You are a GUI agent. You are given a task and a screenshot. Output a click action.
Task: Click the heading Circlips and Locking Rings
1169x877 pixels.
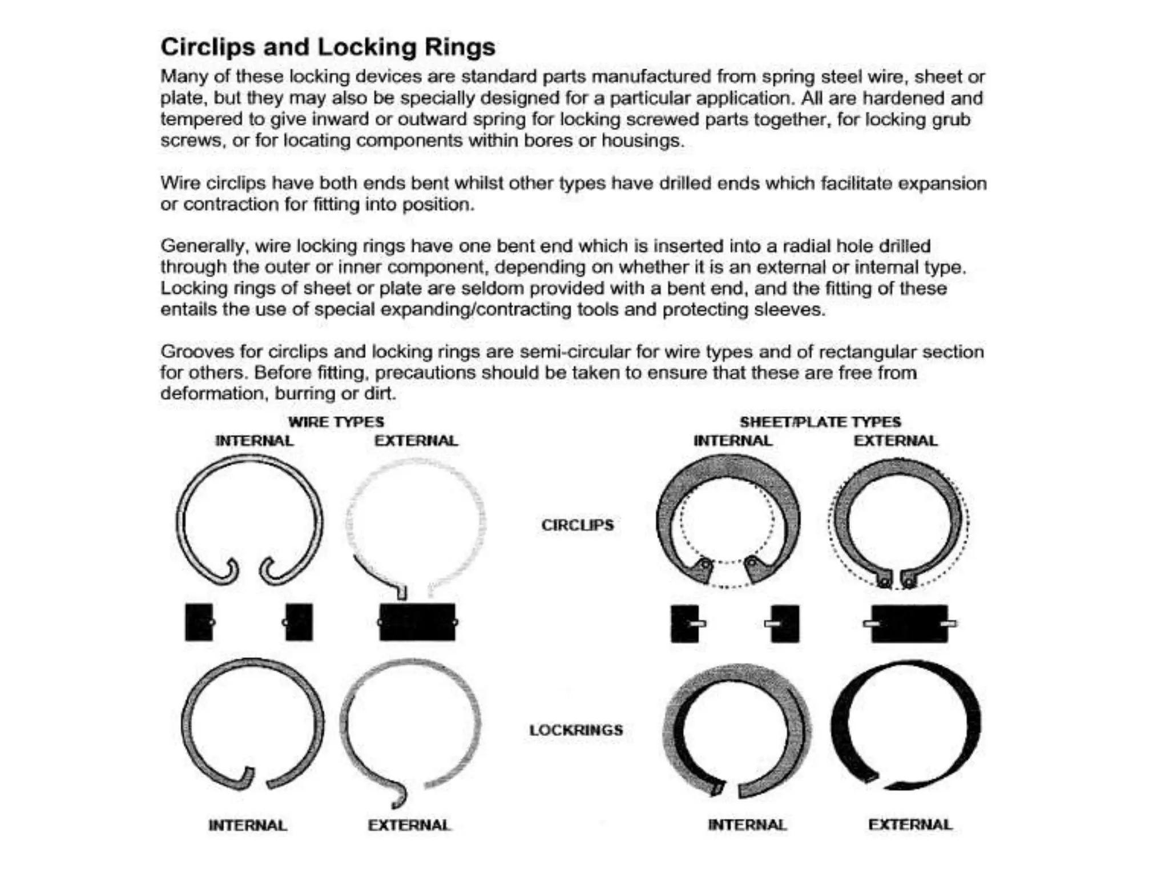(328, 47)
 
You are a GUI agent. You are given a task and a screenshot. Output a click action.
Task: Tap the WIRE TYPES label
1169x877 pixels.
(336, 422)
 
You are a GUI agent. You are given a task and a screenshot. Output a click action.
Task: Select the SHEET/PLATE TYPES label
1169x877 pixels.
(820, 422)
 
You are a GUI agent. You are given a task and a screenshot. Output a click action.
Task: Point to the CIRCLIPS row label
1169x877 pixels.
(577, 525)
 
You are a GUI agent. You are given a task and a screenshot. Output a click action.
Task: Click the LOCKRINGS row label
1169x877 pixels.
(576, 730)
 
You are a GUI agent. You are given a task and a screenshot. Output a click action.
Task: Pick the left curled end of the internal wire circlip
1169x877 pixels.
(232, 570)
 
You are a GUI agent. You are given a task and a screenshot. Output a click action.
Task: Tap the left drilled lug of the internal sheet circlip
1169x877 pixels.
(705, 566)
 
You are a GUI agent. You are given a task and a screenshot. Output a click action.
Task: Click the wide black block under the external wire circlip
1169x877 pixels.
(417, 622)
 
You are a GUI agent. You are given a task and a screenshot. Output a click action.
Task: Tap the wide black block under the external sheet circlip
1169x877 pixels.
(909, 623)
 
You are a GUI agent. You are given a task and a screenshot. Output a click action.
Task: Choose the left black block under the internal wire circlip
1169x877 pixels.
(199, 622)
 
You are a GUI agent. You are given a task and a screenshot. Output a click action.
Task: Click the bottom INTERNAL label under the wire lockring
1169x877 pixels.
(248, 825)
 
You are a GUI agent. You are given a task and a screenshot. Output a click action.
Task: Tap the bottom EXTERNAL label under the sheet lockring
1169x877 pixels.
(910, 824)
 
